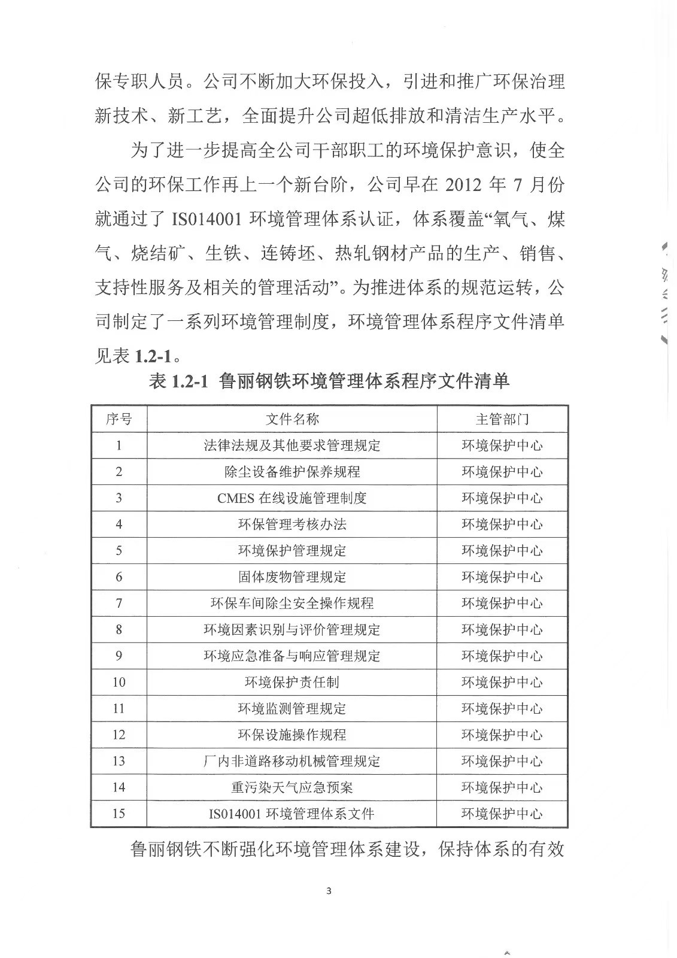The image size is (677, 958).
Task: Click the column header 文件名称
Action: pos(292,419)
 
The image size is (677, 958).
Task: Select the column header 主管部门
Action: pos(502,419)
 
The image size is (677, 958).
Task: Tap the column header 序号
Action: pos(119,419)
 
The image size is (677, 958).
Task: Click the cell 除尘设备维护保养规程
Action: pos(292,472)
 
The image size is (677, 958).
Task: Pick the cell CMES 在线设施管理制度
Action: pos(292,498)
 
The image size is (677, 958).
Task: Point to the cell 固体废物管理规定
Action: pos(292,577)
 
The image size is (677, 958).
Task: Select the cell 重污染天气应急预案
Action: pos(292,787)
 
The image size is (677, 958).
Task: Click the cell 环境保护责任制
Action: pos(292,683)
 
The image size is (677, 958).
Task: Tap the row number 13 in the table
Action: pos(119,761)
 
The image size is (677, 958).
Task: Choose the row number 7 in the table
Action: pos(119,604)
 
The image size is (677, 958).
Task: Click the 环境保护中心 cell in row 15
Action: pos(502,814)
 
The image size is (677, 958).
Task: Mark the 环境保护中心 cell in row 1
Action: pos(502,445)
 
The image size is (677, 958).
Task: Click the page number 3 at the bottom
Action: pos(329,890)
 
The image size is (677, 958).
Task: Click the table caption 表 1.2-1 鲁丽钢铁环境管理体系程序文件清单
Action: pos(329,381)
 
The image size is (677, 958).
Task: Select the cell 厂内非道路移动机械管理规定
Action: pos(292,761)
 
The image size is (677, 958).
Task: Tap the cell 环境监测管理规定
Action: pos(292,709)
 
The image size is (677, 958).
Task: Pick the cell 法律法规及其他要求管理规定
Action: pos(292,445)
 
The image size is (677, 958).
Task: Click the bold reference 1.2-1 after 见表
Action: pos(153,356)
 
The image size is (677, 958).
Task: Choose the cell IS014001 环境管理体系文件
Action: pos(292,814)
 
